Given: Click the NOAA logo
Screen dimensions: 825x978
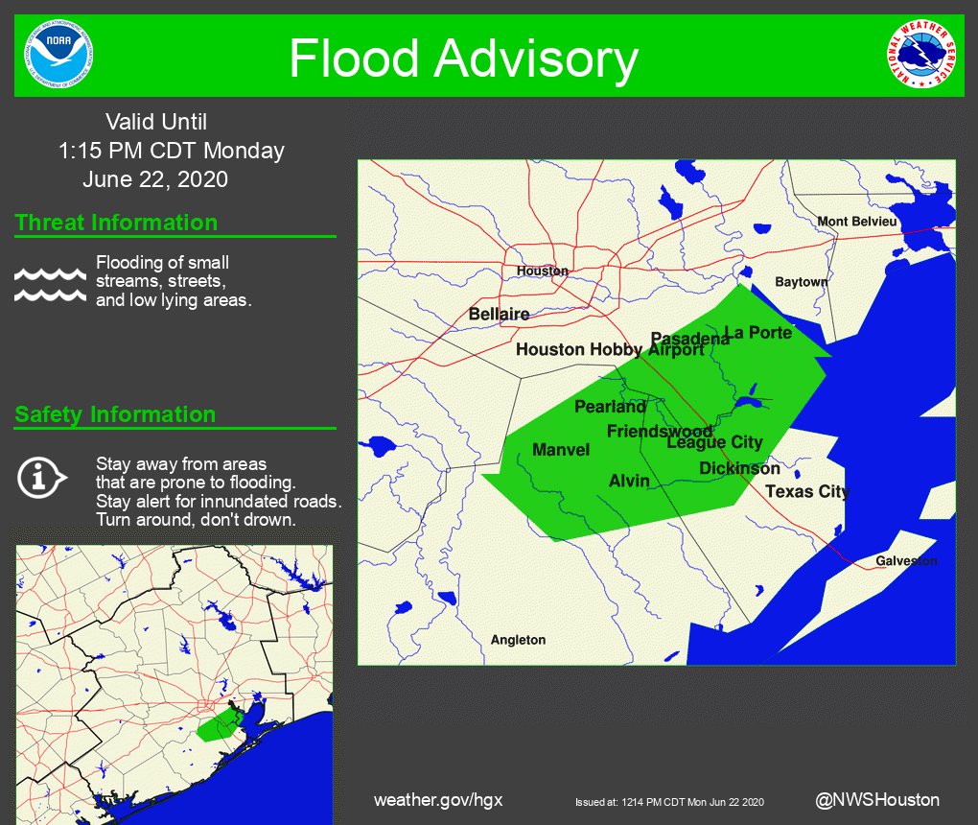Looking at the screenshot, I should click(x=60, y=55).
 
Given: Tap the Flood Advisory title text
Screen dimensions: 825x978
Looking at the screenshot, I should click(x=463, y=59).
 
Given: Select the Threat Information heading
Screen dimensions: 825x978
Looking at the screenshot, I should click(x=116, y=223).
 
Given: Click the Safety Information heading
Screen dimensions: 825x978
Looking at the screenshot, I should click(x=115, y=414).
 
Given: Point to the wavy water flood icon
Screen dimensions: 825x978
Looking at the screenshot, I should click(x=50, y=284).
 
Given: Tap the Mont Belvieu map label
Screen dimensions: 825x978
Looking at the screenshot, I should click(x=857, y=222).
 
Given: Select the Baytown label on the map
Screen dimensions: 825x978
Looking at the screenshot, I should click(x=801, y=282).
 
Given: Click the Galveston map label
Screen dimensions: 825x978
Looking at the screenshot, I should click(x=906, y=561).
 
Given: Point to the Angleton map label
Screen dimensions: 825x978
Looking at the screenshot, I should click(x=518, y=640).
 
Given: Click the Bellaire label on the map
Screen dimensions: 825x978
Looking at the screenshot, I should click(x=499, y=314).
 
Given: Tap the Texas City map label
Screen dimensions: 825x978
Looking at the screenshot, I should click(x=807, y=491).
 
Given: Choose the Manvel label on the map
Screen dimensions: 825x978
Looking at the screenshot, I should click(x=561, y=449).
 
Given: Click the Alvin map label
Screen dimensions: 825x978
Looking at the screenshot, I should click(x=629, y=481).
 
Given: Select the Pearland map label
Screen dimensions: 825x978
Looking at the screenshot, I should click(x=610, y=407).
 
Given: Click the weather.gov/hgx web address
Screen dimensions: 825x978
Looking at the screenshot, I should click(x=438, y=800).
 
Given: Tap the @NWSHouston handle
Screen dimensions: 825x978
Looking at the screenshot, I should click(x=877, y=799).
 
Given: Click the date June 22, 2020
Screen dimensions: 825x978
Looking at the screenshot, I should click(x=155, y=178).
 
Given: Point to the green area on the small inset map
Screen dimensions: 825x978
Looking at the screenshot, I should click(x=219, y=724).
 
